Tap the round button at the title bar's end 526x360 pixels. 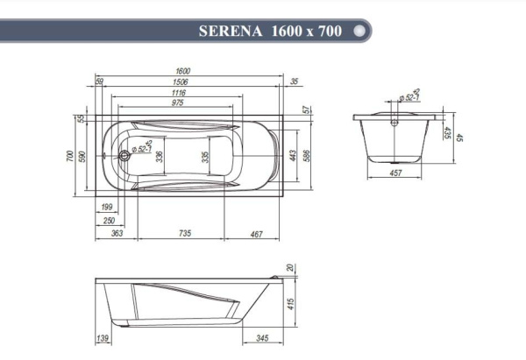coord(359,30)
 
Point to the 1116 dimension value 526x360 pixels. coord(179,92)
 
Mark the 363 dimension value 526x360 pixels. coord(117,234)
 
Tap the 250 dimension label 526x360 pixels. coord(109,221)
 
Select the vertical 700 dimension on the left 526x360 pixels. coord(70,156)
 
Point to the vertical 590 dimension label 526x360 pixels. coord(82,156)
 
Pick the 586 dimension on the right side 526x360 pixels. coord(308,155)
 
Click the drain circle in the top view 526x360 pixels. coord(124,157)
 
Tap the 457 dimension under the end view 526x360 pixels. coord(395,174)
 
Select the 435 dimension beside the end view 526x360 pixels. coord(447,134)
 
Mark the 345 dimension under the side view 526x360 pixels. coord(262,337)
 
